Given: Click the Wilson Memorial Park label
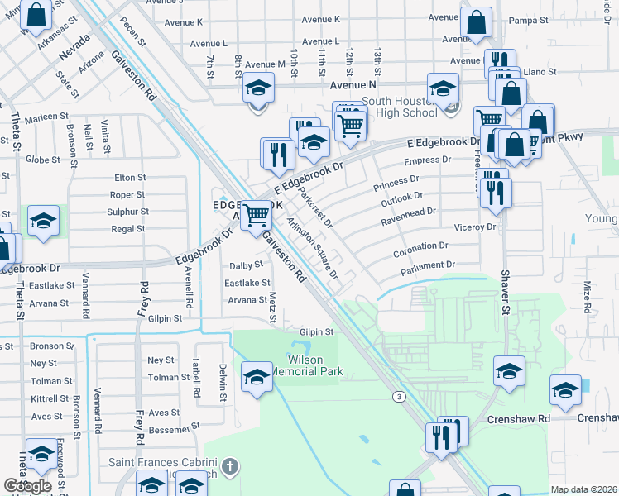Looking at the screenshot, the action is click(x=315, y=366).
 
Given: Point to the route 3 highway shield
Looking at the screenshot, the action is click(x=400, y=397).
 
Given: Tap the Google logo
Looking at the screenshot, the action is click(x=27, y=486).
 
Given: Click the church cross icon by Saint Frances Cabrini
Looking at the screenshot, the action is click(x=230, y=467).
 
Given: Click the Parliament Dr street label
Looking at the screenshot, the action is click(x=428, y=265).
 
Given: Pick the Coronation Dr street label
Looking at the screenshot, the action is click(x=420, y=246).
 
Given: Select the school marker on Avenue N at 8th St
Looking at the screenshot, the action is click(x=258, y=88).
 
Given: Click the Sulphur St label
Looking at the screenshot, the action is click(x=127, y=212).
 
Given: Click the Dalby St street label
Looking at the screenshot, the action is click(x=246, y=265).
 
